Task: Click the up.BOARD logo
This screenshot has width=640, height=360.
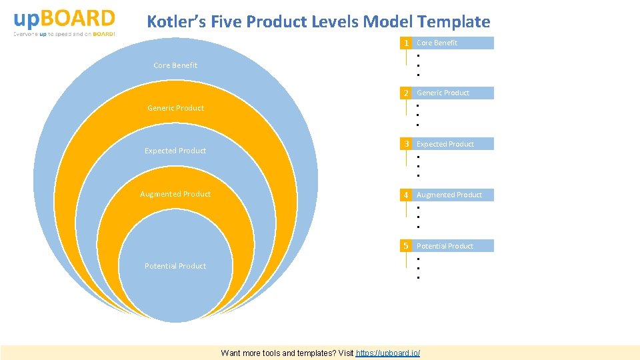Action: pos(64,18)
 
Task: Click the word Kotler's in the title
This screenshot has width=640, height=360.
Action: pos(177,22)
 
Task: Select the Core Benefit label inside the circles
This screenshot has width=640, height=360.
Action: pos(175,65)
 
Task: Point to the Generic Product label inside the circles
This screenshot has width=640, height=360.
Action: pos(175,108)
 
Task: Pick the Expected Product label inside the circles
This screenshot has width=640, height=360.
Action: pos(175,151)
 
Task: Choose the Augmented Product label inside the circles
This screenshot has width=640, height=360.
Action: pos(175,194)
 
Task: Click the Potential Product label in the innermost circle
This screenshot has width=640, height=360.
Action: pos(175,266)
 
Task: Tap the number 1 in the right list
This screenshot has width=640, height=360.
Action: pos(405,43)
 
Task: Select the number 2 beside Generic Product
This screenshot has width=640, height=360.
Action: pos(405,93)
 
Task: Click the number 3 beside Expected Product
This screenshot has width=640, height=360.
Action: pos(405,144)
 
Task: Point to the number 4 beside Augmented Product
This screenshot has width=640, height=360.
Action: pos(405,195)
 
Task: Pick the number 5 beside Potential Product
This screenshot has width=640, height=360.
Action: pos(405,246)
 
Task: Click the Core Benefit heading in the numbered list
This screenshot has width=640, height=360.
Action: pos(437,43)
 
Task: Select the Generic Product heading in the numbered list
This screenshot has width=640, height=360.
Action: pos(443,93)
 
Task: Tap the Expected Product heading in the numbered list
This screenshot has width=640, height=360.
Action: pos(445,144)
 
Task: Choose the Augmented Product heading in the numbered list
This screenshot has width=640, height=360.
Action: pos(449,195)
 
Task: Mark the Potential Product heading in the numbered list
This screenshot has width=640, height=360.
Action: pos(445,246)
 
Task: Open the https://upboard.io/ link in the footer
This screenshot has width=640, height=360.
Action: pos(388,353)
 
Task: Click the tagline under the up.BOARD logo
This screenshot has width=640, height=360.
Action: pos(64,34)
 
